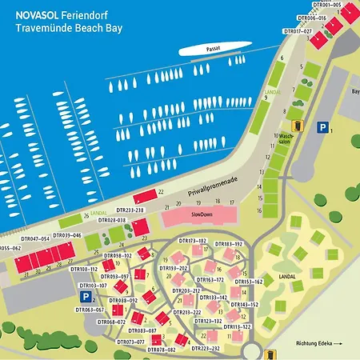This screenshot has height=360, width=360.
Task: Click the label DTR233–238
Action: (128, 210)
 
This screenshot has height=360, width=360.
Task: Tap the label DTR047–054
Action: (34, 238)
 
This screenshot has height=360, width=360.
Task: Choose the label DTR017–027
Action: (298, 31)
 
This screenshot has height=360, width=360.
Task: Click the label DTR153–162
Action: (248, 282)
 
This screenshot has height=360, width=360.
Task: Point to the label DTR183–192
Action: (228, 243)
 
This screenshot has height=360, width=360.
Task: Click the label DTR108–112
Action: (83, 270)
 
